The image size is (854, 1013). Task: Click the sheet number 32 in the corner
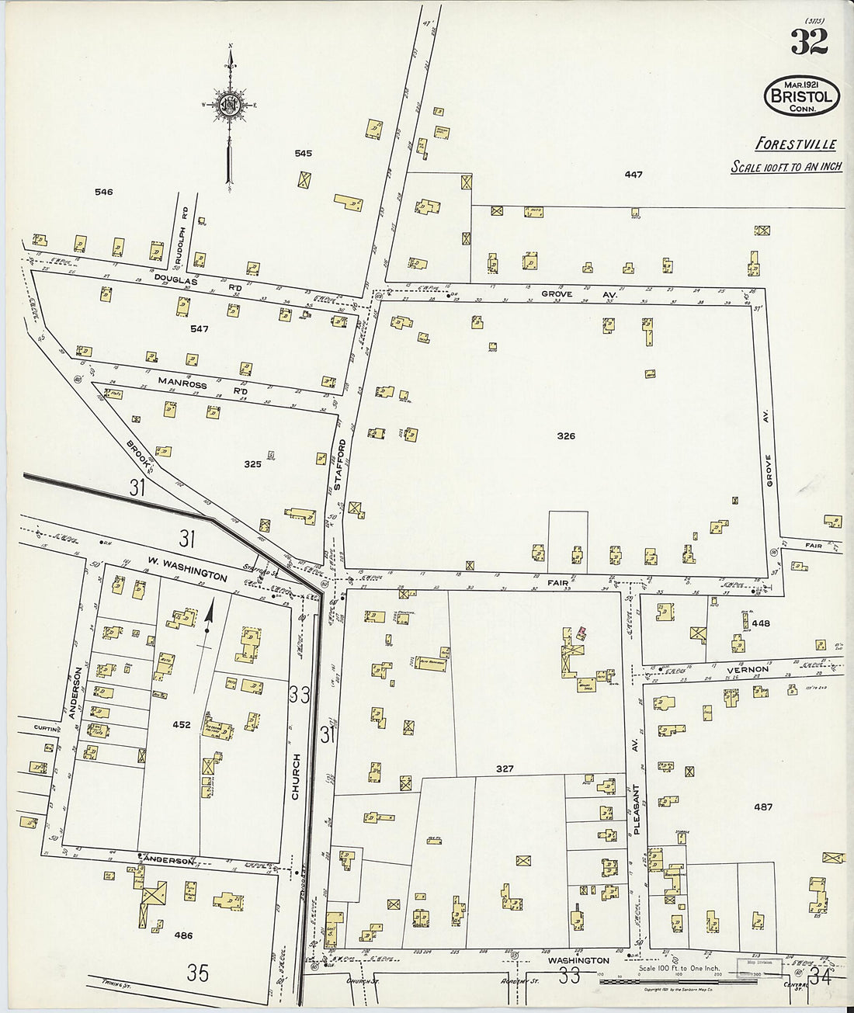pyautogui.click(x=809, y=40)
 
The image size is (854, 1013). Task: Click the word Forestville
pyautogui.click(x=796, y=144)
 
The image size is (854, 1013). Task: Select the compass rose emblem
pyautogui.click(x=230, y=105)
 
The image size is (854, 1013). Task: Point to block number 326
pyautogui.click(x=566, y=436)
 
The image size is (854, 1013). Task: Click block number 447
pyautogui.click(x=634, y=175)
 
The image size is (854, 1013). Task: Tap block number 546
pyautogui.click(x=103, y=192)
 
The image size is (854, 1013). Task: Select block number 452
pyautogui.click(x=181, y=724)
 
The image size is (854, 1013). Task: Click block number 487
pyautogui.click(x=763, y=807)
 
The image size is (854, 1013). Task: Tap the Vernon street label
pyautogui.click(x=748, y=669)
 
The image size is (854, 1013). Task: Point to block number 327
pyautogui.click(x=505, y=768)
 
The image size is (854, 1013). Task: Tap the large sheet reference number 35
pyautogui.click(x=198, y=973)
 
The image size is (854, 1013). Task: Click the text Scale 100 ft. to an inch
pyautogui.click(x=786, y=167)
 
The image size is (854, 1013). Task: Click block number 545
pyautogui.click(x=303, y=154)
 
